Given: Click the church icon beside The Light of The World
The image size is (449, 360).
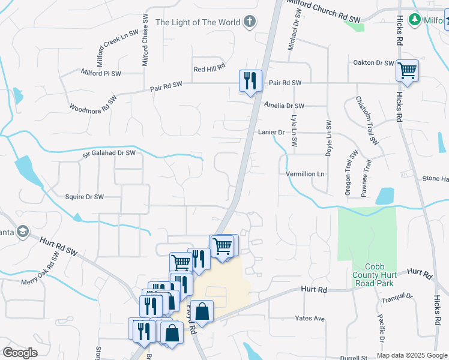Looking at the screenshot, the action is click(250, 22).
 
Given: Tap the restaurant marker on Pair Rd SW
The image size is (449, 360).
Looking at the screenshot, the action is click(249, 81).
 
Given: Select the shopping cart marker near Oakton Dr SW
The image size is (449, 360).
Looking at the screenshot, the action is click(408, 71).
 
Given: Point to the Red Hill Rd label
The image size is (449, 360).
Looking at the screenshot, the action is click(209, 69).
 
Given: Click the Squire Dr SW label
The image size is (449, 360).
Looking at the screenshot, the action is click(85, 196).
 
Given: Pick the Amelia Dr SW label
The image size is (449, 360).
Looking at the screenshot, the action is click(284, 106).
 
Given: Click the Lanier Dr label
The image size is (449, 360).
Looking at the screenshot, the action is click(271, 132).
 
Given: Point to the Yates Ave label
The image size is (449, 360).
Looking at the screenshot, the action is click(309, 318).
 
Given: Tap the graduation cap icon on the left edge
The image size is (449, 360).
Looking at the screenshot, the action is click(22, 232).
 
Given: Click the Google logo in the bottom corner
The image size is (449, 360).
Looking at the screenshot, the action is click(20, 353).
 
